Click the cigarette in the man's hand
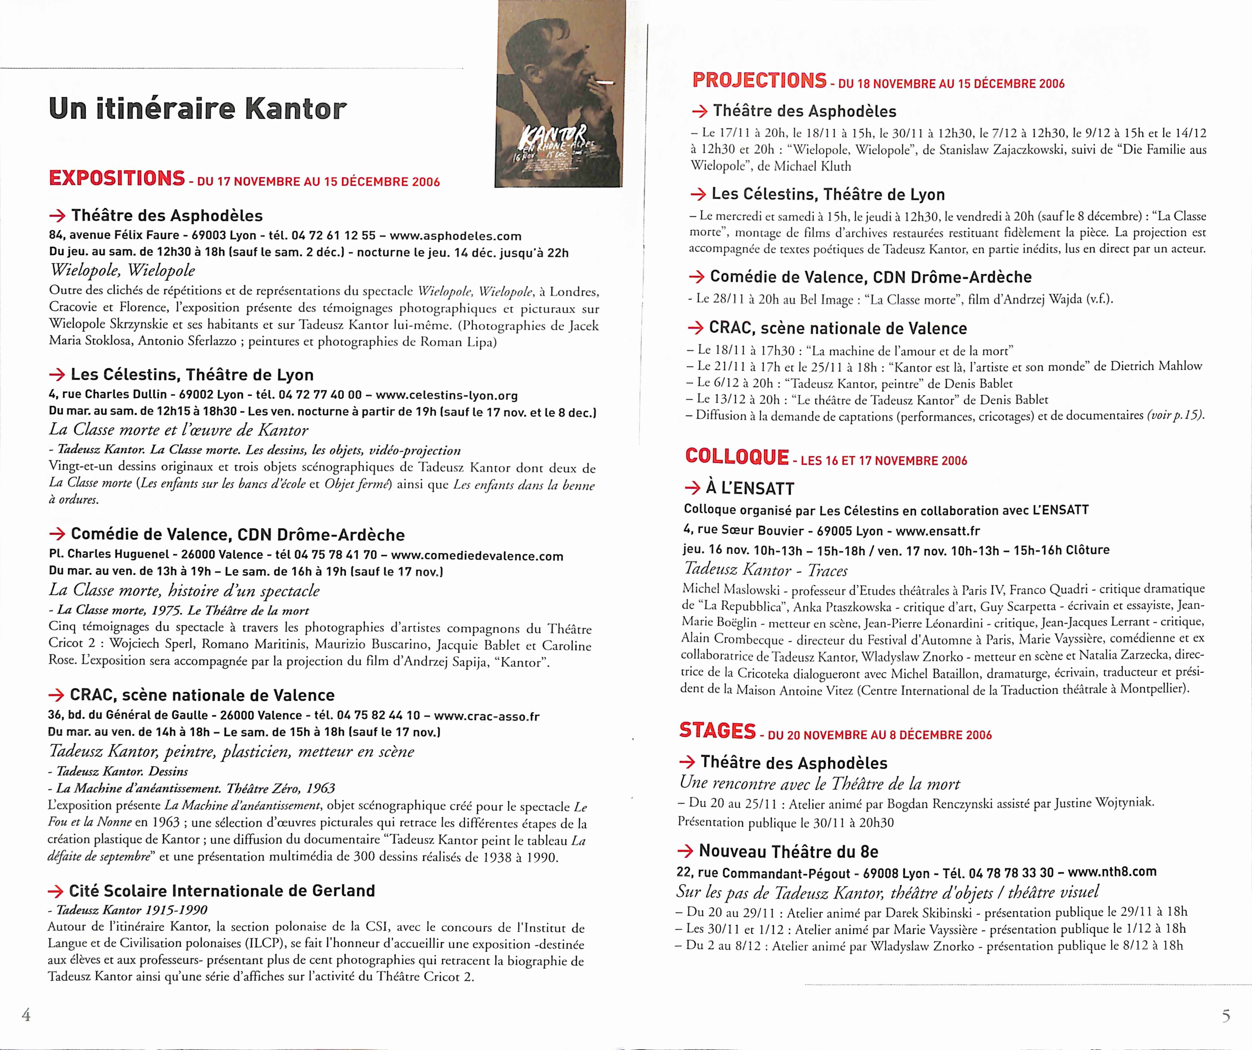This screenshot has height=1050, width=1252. coord(604,82)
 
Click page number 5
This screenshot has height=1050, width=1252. coord(1225,1015)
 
